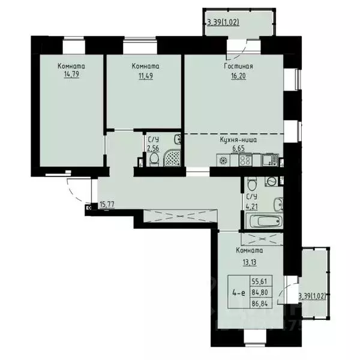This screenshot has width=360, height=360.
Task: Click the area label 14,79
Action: pyautogui.click(x=71, y=75)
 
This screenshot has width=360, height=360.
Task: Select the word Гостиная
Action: pyautogui.click(x=239, y=67)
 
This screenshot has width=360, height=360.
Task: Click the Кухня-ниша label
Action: pyautogui.click(x=238, y=139)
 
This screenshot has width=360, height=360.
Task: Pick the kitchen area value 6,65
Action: pyautogui.click(x=238, y=147)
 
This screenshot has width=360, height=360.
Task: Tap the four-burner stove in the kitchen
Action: pyautogui.click(x=245, y=160)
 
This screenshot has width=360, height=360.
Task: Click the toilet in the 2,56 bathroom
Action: pyautogui.click(x=154, y=158)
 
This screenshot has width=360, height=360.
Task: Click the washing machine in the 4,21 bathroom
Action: pyautogui.click(x=272, y=181)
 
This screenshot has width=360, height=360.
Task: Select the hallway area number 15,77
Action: pyautogui.click(x=107, y=205)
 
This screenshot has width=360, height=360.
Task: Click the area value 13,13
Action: pyautogui.click(x=248, y=260)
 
